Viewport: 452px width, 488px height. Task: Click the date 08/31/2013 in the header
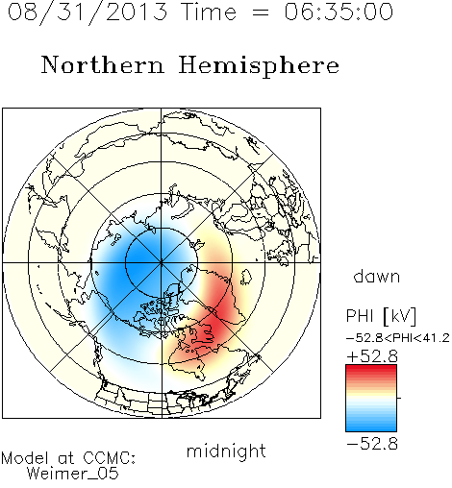click(88, 12)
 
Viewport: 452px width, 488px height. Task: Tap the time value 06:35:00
click(339, 12)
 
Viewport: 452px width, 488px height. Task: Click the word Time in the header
click(209, 12)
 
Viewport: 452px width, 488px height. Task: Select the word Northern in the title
click(103, 64)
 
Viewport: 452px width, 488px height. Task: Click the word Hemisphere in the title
click(259, 66)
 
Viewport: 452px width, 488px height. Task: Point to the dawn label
click(377, 276)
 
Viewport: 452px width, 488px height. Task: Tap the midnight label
click(226, 451)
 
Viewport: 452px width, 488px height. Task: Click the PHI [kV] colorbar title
click(381, 316)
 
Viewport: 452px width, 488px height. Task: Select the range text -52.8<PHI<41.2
click(398, 338)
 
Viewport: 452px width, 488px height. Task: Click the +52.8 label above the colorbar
click(372, 356)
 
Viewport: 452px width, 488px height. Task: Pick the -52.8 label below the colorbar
click(372, 444)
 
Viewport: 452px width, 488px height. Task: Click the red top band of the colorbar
click(371, 368)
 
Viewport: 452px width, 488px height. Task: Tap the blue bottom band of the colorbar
click(371, 428)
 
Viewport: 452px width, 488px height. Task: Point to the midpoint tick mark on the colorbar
click(399, 398)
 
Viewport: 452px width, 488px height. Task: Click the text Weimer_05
click(73, 474)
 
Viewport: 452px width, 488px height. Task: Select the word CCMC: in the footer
click(110, 458)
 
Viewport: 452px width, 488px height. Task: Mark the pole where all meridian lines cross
click(162, 262)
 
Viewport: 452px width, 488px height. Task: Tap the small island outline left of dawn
click(246, 277)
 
